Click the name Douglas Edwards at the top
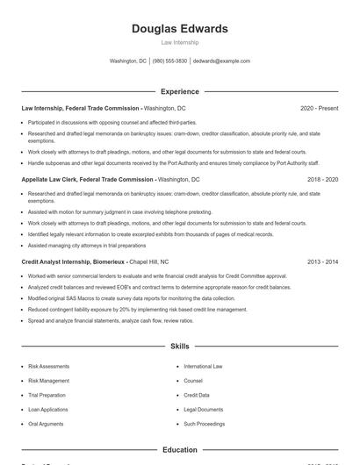(179, 29)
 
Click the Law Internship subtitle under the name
(179, 42)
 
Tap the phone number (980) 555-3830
(169, 61)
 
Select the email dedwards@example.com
(221, 61)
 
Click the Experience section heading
(179, 91)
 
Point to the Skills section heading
(179, 347)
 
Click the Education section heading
(179, 450)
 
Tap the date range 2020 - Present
(319, 108)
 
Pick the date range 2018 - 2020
(322, 179)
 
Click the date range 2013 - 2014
(322, 261)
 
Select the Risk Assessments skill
(50, 366)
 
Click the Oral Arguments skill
(47, 425)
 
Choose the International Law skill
(203, 366)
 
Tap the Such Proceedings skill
(204, 425)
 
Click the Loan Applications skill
(49, 410)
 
